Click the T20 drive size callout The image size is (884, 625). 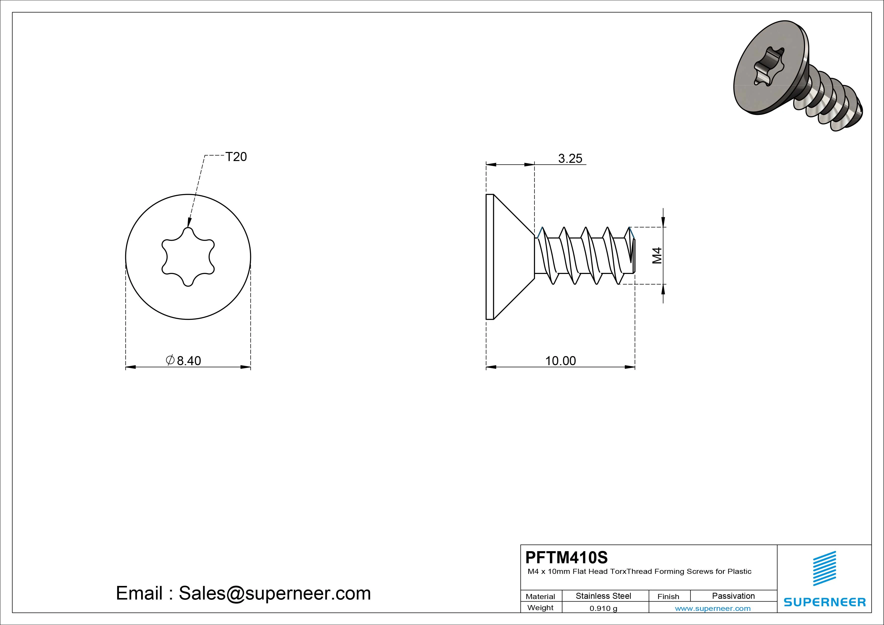[236, 157]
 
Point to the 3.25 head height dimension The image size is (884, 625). [570, 158]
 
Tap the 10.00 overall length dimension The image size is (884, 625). [561, 361]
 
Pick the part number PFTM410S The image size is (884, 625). [566, 557]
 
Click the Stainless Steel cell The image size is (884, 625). [603, 596]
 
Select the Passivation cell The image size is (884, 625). [734, 596]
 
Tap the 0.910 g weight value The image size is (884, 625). [603, 608]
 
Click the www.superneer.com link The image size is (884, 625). [713, 608]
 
